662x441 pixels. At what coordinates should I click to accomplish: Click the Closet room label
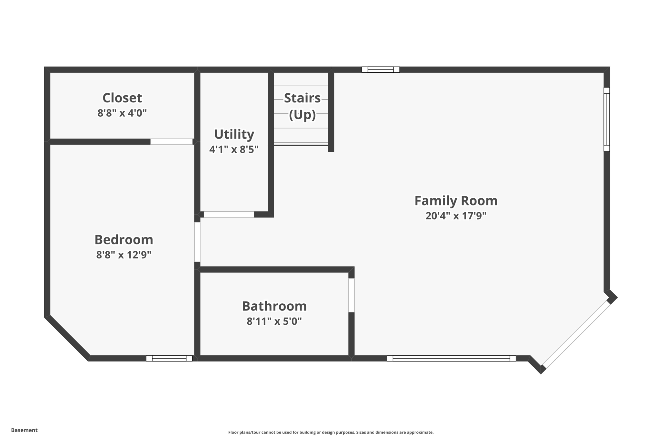point(122,98)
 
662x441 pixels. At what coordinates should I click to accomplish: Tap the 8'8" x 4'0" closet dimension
point(122,113)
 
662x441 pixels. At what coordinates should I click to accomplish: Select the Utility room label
point(234,134)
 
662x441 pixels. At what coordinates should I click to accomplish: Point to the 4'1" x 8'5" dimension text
point(234,150)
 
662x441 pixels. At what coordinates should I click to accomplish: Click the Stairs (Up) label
point(302,106)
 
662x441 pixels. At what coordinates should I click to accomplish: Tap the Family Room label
point(456,201)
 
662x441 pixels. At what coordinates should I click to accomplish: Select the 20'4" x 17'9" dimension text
point(456,216)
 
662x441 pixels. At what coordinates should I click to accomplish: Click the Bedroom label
point(123,240)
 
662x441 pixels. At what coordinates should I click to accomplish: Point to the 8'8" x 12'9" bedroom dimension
point(123,255)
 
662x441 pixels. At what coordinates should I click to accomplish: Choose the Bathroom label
point(274,306)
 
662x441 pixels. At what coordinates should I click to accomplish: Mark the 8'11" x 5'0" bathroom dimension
point(274,321)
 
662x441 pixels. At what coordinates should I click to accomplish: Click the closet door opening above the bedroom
point(171,142)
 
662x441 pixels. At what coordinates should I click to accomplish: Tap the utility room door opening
point(229,215)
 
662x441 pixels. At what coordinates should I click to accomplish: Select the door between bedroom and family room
point(197,242)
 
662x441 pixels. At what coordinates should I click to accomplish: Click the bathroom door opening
point(351,295)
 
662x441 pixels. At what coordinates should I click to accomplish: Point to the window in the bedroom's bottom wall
point(169,358)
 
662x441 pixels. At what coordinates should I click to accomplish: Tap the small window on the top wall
point(380,69)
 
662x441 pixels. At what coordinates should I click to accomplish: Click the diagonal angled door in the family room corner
point(576,335)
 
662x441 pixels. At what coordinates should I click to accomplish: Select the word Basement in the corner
point(24,430)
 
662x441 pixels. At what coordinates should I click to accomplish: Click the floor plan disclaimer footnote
point(331,432)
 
